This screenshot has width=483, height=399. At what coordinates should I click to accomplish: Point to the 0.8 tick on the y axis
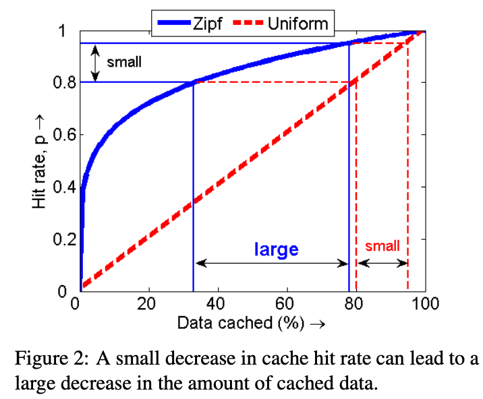[x=65, y=82]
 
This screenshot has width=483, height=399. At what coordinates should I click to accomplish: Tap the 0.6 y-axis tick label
[x=65, y=134]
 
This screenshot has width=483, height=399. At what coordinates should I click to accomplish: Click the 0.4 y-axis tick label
[x=65, y=187]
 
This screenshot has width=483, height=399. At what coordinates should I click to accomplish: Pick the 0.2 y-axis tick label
[x=65, y=239]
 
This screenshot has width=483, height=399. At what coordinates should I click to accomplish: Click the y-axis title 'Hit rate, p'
[x=40, y=161]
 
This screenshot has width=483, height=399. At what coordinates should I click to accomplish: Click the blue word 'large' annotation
[x=276, y=249]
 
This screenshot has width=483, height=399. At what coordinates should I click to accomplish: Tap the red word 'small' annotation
[x=382, y=247]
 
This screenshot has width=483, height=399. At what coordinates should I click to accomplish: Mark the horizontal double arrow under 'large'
[x=271, y=263]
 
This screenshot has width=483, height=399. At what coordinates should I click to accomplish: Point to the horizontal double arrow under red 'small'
[x=382, y=263]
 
